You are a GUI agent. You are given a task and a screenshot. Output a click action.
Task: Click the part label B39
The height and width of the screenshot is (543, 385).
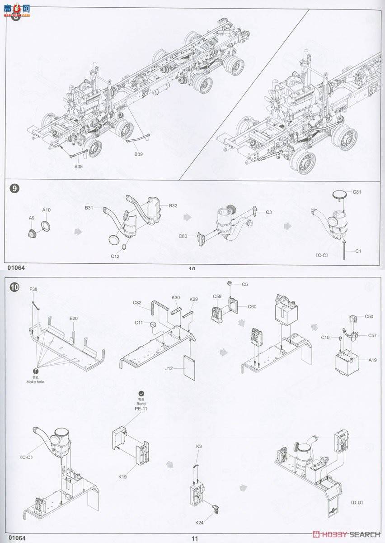138,154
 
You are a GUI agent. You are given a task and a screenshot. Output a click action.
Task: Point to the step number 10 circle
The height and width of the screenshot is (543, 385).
15,287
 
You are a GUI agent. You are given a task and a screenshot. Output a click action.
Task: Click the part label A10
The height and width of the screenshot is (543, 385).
47,210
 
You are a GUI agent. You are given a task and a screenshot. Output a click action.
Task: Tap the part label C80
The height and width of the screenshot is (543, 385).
183,236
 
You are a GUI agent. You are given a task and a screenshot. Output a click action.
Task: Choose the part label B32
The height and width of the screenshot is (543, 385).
173,206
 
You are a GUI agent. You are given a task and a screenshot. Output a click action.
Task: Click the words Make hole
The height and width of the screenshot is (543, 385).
35,382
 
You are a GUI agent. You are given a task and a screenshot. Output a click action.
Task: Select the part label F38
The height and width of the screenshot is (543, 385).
33,289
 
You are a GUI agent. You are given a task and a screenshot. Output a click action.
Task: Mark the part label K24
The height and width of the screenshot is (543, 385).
199,523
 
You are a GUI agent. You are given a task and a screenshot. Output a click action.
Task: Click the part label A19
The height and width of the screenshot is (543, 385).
372,360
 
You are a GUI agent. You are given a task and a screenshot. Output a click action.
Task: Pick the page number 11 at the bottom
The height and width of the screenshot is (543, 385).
195,538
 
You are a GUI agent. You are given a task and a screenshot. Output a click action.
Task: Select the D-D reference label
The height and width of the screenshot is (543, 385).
357,503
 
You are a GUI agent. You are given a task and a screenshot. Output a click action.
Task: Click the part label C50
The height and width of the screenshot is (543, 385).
370,316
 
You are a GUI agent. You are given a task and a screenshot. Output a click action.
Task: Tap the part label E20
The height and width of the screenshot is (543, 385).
74,319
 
